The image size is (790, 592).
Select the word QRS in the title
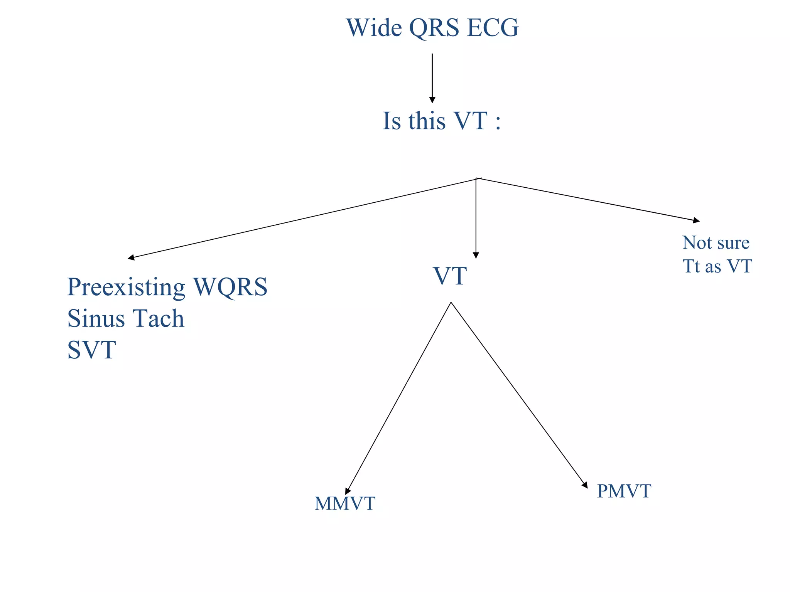tap(434, 29)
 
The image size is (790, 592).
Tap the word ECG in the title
tap(493, 28)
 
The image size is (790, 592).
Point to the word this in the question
tap(427, 121)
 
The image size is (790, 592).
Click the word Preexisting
tap(126, 288)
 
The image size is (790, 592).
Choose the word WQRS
tap(230, 287)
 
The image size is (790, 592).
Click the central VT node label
tap(450, 276)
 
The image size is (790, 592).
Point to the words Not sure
tap(716, 243)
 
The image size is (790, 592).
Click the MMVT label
tap(344, 503)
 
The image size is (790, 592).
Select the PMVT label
tap(624, 491)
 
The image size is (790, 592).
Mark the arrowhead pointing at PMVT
tap(585, 485)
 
